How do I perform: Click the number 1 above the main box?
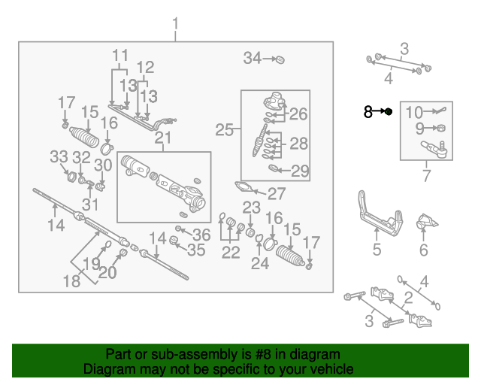click(x=176, y=29)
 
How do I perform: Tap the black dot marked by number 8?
click(x=389, y=112)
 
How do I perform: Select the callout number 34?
click(x=252, y=58)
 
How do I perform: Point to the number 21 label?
click(x=163, y=138)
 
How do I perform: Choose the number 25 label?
click(x=224, y=130)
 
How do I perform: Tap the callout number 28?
click(x=298, y=144)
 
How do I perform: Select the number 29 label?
click(x=300, y=171)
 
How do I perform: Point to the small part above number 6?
click(x=428, y=223)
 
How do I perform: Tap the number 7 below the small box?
click(x=426, y=177)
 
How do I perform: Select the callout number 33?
click(x=59, y=156)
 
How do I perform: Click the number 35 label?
click(x=195, y=250)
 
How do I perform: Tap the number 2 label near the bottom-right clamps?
click(x=408, y=299)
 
